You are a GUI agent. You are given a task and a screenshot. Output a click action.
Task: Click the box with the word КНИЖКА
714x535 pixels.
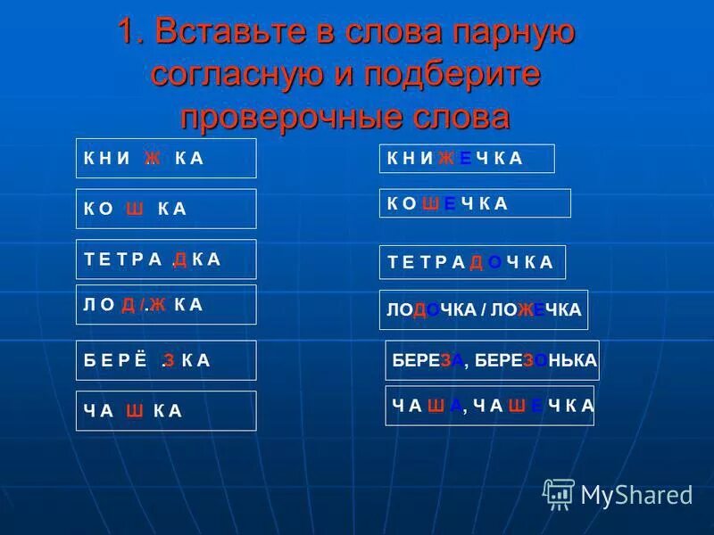click(x=166, y=158)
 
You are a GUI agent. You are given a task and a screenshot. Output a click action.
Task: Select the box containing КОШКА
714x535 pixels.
click(x=166, y=209)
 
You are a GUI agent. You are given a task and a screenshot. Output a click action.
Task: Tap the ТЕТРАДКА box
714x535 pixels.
click(x=166, y=259)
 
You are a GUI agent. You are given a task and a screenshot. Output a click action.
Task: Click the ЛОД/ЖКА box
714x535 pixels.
click(x=166, y=304)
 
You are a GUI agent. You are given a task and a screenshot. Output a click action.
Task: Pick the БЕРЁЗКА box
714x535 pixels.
click(x=166, y=360)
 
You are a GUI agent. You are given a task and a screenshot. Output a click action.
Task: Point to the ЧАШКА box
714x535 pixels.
click(x=166, y=410)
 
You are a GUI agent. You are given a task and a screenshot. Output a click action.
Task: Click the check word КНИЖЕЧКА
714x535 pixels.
click(x=467, y=159)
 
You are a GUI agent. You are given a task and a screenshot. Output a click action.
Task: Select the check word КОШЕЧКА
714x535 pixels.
click(x=475, y=203)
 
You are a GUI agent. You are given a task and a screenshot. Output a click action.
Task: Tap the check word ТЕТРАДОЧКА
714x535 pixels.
click(x=472, y=262)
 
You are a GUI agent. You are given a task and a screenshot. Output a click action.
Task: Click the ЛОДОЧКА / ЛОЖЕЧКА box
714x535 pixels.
click(x=484, y=310)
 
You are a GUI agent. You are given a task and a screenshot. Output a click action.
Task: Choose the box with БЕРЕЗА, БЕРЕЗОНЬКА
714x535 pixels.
click(x=493, y=360)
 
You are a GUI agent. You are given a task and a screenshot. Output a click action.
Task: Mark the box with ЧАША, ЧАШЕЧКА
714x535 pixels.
click(x=490, y=406)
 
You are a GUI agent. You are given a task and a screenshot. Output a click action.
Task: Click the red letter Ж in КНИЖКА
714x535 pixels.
click(x=153, y=159)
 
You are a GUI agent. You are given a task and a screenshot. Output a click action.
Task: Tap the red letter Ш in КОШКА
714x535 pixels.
click(x=135, y=210)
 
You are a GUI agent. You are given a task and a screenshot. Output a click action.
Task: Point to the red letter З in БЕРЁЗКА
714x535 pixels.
click(x=169, y=361)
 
